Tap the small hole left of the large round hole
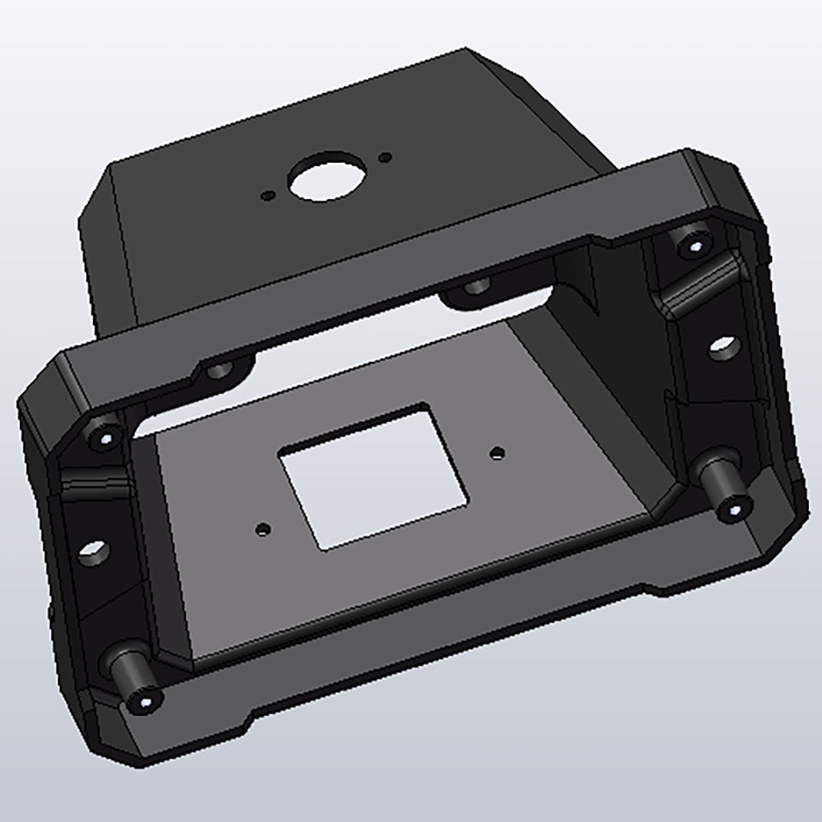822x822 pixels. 266,196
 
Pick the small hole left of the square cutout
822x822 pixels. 262,529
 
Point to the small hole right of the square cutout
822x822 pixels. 496,451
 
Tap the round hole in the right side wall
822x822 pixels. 722,349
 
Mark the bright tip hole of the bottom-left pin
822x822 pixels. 145,703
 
